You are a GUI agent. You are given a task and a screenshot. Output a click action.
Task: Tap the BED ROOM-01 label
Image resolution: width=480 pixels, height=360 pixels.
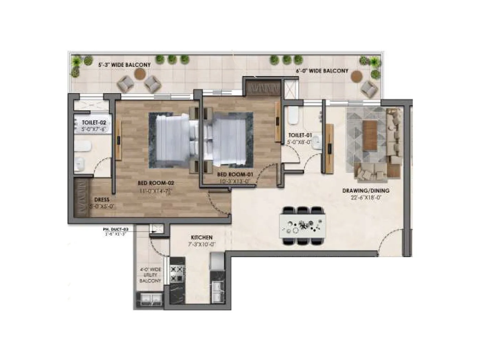[x=235, y=174]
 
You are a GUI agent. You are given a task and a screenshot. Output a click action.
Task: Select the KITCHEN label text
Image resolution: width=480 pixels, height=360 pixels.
[x=202, y=237]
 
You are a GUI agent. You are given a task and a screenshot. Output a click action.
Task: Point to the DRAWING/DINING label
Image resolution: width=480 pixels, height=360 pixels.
[x=366, y=191]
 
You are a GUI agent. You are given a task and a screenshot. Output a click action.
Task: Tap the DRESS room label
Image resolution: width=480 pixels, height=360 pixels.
[x=101, y=200]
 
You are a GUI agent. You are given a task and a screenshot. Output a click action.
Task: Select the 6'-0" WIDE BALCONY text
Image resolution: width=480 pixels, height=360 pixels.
[x=322, y=71]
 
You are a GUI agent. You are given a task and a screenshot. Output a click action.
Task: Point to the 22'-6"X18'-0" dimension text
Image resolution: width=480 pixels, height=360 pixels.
[x=366, y=197]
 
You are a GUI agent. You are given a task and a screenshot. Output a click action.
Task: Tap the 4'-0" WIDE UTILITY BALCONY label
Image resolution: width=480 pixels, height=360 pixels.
[x=150, y=275]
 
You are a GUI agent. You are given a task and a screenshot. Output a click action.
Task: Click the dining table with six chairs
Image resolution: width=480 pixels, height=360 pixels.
[x=302, y=226]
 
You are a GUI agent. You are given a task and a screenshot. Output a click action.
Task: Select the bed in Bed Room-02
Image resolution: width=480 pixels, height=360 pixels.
[x=171, y=141]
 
